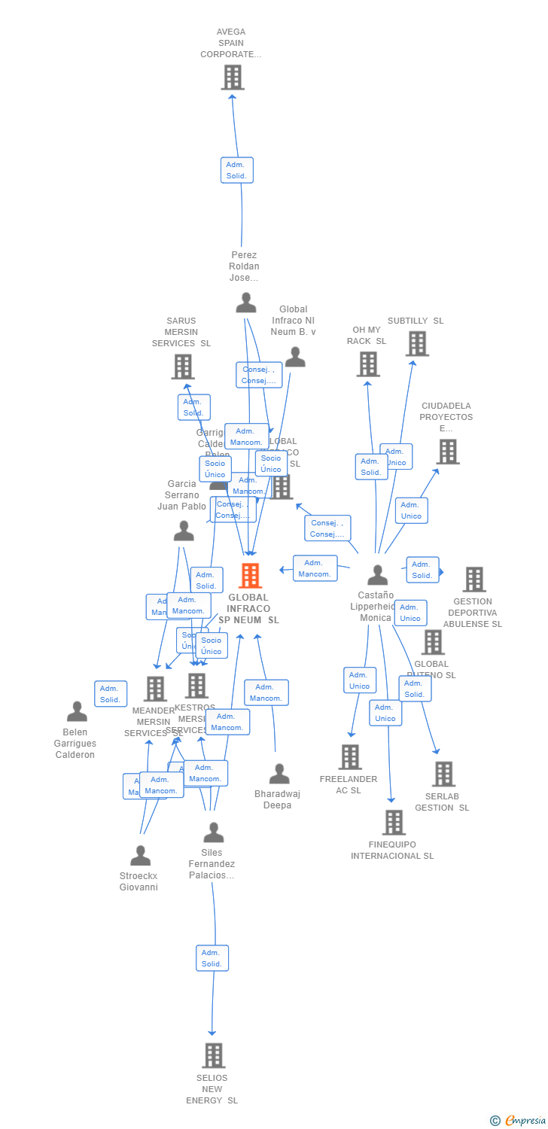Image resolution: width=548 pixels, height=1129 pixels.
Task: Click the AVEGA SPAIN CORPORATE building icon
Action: tap(233, 78)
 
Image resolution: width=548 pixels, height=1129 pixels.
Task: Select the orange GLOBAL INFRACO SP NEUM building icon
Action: tap(250, 576)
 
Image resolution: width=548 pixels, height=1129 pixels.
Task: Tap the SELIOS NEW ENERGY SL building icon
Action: tap(213, 1055)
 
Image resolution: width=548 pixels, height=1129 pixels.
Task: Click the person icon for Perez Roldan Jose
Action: tap(246, 303)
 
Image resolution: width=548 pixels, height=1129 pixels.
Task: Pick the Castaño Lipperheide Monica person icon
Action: tap(377, 575)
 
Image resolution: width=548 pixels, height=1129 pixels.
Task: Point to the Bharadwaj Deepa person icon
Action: tap(279, 774)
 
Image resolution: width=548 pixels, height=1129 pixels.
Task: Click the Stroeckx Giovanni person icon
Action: tap(140, 856)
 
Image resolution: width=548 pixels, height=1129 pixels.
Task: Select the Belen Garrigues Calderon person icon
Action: tap(77, 711)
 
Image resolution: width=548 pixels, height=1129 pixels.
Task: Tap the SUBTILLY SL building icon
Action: tap(417, 343)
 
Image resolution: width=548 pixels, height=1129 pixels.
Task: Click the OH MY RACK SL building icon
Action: tap(367, 364)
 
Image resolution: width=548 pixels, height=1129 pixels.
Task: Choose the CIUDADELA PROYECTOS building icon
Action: tap(448, 452)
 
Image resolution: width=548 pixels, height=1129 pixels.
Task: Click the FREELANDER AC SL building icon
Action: tap(350, 757)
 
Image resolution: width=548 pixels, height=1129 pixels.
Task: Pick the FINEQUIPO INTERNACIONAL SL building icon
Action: tap(394, 823)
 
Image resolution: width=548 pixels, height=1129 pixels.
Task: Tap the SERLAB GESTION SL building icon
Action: tap(443, 774)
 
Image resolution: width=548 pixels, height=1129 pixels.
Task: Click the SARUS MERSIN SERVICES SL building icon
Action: tap(182, 367)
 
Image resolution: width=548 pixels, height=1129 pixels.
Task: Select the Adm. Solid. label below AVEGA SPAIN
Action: tap(236, 170)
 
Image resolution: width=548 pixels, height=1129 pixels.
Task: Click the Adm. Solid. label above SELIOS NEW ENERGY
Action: tap(212, 958)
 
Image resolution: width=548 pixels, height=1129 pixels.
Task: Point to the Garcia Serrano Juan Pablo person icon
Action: tap(184, 531)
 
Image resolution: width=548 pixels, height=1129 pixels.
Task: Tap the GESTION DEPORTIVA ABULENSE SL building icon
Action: tap(474, 580)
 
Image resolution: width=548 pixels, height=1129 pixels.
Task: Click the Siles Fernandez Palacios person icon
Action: tap(214, 832)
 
